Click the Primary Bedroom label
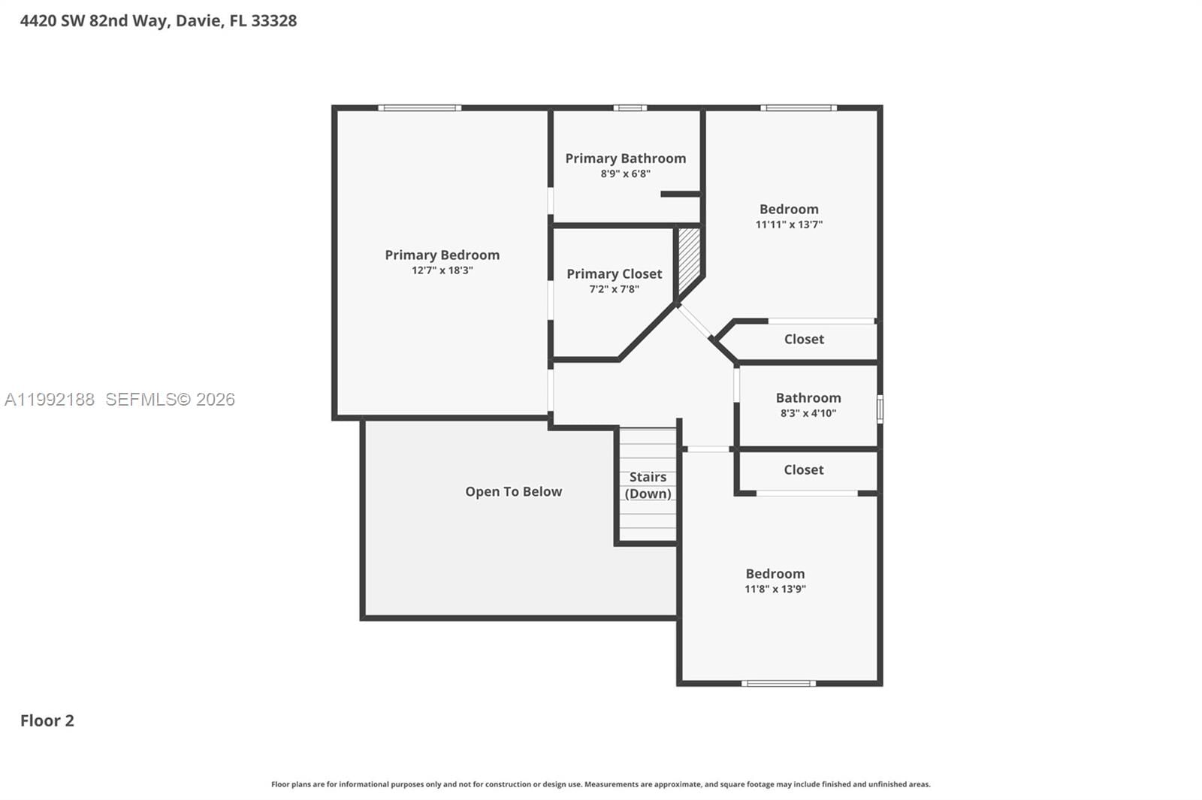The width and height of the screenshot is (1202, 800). click(442, 255)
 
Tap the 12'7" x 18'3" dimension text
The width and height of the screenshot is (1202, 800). click(442, 270)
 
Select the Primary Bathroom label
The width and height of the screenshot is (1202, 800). click(625, 158)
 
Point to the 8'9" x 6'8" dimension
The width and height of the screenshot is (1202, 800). click(625, 174)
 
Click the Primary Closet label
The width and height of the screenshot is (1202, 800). click(614, 274)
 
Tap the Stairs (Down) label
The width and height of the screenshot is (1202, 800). click(648, 485)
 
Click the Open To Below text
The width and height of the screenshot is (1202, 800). click(513, 491)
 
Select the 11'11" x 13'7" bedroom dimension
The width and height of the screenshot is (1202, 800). click(789, 225)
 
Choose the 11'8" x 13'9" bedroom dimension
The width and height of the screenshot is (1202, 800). click(775, 589)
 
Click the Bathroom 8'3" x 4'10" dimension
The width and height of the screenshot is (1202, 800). click(808, 413)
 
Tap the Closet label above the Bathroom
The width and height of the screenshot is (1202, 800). click(804, 340)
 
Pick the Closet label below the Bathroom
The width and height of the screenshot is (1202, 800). click(803, 469)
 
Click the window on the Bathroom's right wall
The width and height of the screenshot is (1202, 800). click(880, 409)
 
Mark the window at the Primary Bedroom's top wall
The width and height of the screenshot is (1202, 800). click(419, 108)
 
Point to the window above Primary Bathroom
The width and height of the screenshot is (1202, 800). click(630, 108)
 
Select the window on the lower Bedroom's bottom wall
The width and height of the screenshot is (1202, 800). click(778, 683)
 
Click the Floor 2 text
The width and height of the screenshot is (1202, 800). click(47, 720)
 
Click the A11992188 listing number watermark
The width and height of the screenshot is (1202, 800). click(50, 400)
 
